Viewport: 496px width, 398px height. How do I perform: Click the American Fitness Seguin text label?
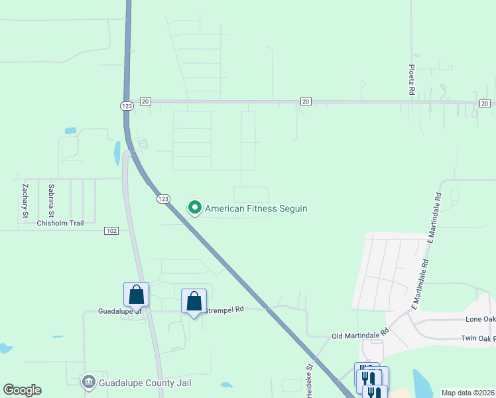256,208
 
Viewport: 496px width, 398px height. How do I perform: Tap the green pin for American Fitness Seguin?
195,208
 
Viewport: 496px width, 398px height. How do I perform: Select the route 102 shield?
111,230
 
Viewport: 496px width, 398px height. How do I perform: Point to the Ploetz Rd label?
412,79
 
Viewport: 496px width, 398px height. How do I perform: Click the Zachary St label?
25,201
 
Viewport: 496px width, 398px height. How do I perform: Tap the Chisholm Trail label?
60,223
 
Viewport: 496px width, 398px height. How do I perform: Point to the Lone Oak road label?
480,319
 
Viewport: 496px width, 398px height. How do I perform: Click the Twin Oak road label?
478,338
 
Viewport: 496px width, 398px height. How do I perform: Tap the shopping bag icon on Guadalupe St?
136,295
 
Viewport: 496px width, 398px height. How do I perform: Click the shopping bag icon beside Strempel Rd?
194,301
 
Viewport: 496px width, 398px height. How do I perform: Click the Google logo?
22,390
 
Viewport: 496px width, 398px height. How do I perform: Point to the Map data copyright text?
468,393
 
